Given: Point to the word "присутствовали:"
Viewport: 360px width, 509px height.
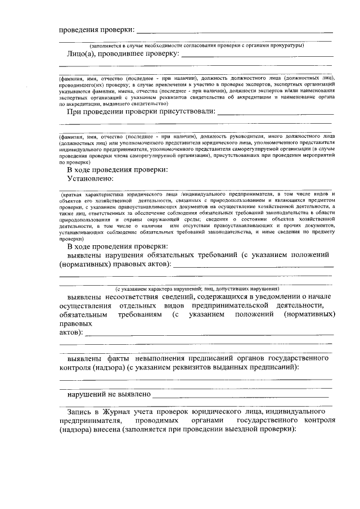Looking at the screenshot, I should pyautogui.click(x=186, y=111).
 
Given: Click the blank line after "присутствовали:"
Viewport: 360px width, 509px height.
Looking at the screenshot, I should pyautogui.click(x=276, y=112).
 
